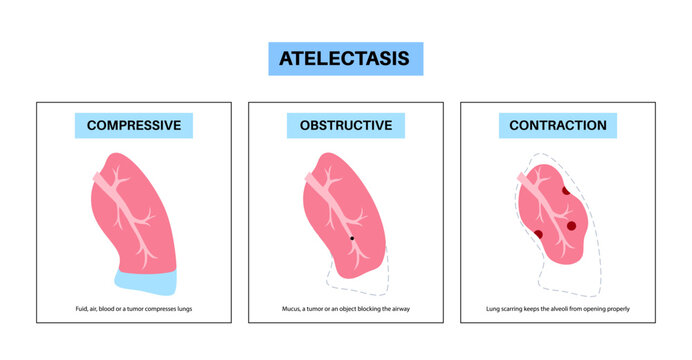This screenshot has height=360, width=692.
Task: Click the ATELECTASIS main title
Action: (346, 58)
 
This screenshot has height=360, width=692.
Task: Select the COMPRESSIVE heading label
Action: (133, 126)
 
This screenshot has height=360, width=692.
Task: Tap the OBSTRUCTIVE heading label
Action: (346, 126)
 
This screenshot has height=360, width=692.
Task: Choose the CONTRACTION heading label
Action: (558, 126)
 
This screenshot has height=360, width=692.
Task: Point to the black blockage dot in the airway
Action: (352, 238)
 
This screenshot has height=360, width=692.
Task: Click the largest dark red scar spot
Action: (571, 226)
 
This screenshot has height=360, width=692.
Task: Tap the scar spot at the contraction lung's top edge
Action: (565, 191)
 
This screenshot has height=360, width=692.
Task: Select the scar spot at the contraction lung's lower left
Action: (538, 234)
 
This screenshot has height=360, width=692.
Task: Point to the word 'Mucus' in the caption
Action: (291, 310)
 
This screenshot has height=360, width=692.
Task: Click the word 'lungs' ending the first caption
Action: (183, 310)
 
